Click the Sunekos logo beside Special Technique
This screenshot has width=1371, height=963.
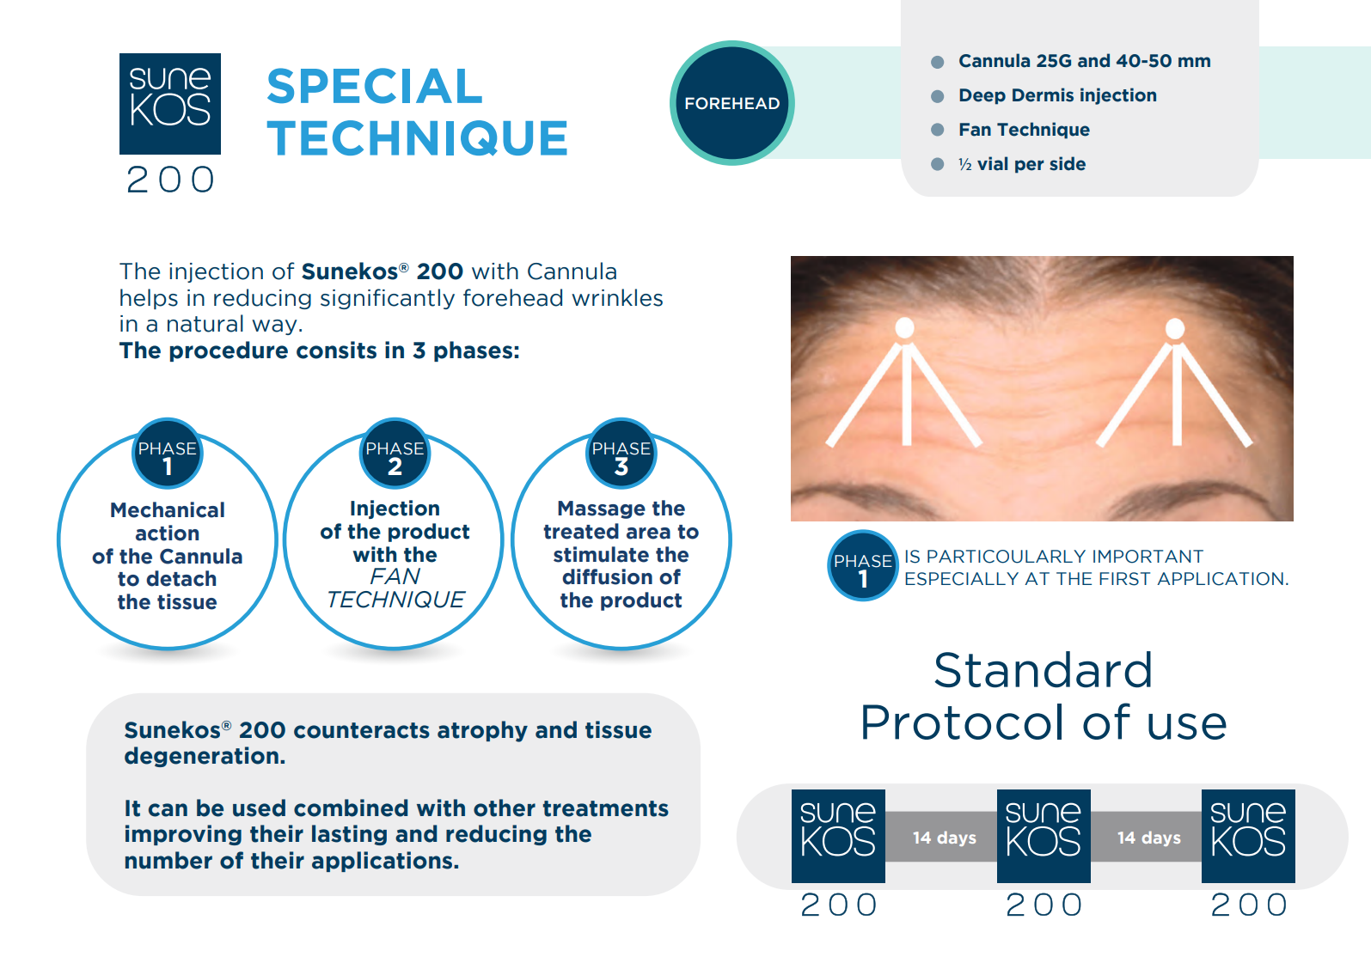pyautogui.click(x=169, y=103)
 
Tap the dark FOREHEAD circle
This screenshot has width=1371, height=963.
pyautogui.click(x=732, y=103)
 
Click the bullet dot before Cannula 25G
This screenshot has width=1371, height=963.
pyautogui.click(x=937, y=62)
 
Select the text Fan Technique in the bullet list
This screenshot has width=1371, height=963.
pyautogui.click(x=1024, y=130)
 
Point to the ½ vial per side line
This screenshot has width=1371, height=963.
pyautogui.click(x=1022, y=164)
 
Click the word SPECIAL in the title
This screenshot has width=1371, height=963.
pyautogui.click(x=375, y=86)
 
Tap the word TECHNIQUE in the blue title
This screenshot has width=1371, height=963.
pyautogui.click(x=418, y=138)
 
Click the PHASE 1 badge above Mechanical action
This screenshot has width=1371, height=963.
pyautogui.click(x=167, y=454)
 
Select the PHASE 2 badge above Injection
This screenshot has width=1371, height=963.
pyautogui.click(x=395, y=454)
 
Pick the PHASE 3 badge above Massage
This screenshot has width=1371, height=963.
pyautogui.click(x=621, y=454)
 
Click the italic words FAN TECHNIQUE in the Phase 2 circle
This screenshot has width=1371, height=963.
pyautogui.click(x=395, y=588)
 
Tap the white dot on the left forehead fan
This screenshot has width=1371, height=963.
pyautogui.click(x=904, y=328)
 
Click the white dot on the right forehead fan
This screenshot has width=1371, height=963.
pyautogui.click(x=1174, y=328)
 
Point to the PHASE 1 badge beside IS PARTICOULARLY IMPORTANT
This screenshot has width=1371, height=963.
pyautogui.click(x=863, y=565)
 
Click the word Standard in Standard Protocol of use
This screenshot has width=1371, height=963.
pyautogui.click(x=1043, y=671)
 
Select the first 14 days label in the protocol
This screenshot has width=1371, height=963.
pyautogui.click(x=945, y=838)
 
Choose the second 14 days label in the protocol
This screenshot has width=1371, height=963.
pyautogui.click(x=1149, y=838)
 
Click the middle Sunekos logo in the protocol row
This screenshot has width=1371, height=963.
pyautogui.click(x=1044, y=836)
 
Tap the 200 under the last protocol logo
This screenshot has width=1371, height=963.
pyautogui.click(x=1249, y=905)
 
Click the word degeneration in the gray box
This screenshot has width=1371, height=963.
pyautogui.click(x=205, y=757)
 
